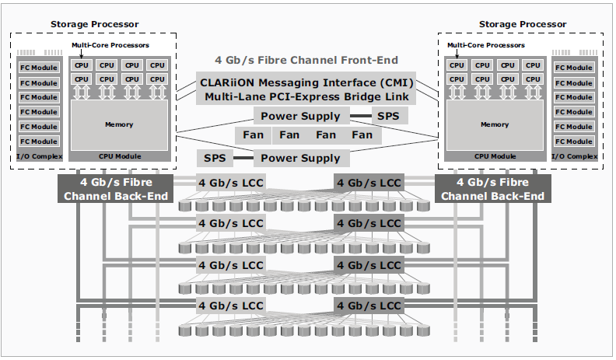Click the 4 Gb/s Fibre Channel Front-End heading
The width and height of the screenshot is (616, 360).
point(306,60)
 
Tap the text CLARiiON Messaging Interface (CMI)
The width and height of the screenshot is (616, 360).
point(306,83)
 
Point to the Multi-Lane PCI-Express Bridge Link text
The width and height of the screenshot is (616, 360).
point(306,96)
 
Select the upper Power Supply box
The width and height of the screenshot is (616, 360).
point(301,116)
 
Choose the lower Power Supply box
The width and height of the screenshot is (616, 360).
point(301,158)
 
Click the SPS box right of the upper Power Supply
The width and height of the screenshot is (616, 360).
point(389,116)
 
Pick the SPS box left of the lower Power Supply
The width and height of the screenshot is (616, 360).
point(215,158)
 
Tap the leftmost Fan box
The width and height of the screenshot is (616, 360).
point(253,135)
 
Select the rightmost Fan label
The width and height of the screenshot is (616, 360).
point(362,135)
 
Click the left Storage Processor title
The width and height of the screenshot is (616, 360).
point(94,24)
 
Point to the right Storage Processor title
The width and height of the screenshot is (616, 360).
point(523,24)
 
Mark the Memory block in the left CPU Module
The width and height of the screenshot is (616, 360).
point(119,125)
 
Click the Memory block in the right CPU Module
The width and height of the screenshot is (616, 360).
point(495,125)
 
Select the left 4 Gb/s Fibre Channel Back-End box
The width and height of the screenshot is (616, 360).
point(115,189)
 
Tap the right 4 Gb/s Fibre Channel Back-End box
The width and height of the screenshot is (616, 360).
point(492,189)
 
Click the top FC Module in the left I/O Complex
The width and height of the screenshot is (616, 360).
point(39,68)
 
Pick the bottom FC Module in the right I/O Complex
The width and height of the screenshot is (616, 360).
point(574,142)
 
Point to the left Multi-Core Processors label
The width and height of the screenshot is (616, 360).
point(110,45)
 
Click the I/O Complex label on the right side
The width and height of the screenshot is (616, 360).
point(574,156)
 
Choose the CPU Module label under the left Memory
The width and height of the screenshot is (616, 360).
point(120,156)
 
